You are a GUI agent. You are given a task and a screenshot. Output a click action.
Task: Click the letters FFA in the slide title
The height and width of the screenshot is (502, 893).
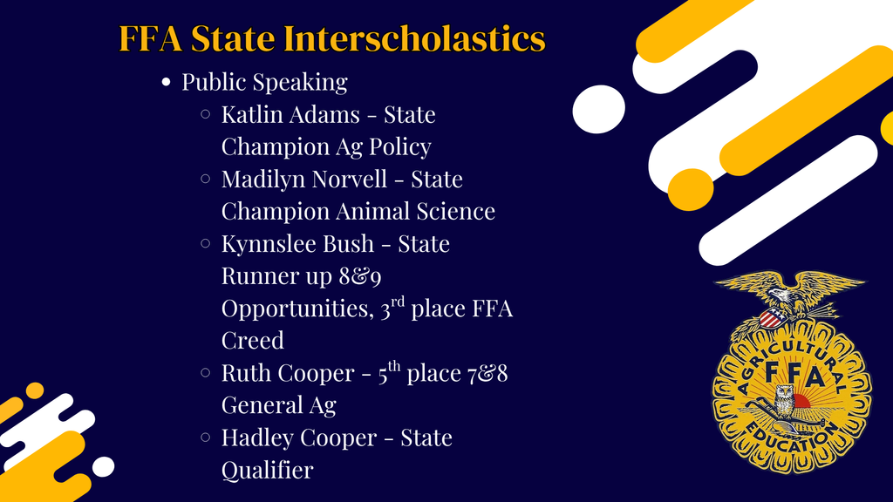pyautogui.click(x=150, y=39)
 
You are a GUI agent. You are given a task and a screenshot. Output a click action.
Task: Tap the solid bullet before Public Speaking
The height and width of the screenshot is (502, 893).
pyautogui.click(x=166, y=83)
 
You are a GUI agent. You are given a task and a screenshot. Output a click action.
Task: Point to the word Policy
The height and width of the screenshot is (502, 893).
pyautogui.click(x=401, y=147)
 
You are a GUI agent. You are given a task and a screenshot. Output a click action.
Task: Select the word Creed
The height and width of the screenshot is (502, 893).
pyautogui.click(x=252, y=340)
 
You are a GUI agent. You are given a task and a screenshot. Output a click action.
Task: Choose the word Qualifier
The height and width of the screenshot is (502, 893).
pyautogui.click(x=267, y=470)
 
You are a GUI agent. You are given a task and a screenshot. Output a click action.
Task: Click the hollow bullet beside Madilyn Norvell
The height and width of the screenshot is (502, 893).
pyautogui.click(x=206, y=179)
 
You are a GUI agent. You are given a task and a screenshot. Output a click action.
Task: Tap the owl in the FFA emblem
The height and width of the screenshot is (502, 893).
pyautogui.click(x=783, y=403)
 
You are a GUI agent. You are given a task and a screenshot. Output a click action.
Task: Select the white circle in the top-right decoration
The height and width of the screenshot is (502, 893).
pyautogui.click(x=598, y=109)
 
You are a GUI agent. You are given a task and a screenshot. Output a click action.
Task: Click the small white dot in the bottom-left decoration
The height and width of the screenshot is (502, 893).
pyautogui.click(x=103, y=467)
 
